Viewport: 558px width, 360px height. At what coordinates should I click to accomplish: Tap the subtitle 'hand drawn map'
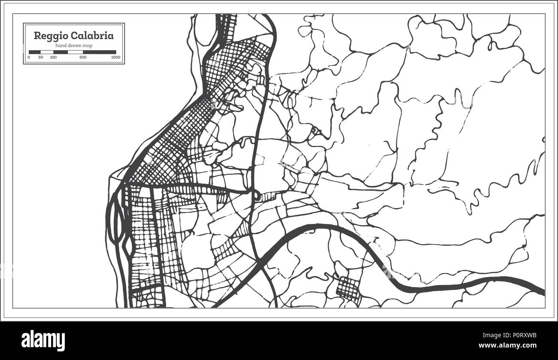click(74, 45)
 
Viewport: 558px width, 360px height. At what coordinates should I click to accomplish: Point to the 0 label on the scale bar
click(29, 57)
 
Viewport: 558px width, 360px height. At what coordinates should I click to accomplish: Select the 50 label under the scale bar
click(40, 57)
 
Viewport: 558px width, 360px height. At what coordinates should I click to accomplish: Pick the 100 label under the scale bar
click(53, 57)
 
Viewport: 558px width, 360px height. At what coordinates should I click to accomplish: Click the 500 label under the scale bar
click(83, 57)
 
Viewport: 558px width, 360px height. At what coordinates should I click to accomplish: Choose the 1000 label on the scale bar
click(115, 57)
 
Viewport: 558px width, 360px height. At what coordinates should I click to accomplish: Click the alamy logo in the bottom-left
click(43, 339)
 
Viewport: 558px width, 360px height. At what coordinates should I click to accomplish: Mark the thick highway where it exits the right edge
click(542, 290)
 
